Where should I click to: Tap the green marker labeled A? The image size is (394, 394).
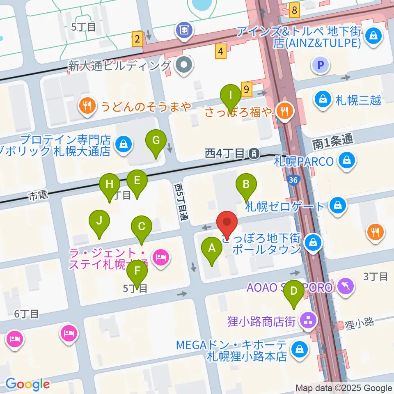[212, 249]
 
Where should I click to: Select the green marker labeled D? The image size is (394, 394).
[294, 292]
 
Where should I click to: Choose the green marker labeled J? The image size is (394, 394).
[99, 222]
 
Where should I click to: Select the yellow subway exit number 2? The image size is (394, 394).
[137, 40]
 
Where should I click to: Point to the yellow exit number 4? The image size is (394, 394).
[221, 51]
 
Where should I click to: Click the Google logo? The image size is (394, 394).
[27, 384]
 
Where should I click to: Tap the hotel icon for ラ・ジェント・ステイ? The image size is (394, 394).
[160, 258]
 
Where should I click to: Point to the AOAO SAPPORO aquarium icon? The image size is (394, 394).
[346, 286]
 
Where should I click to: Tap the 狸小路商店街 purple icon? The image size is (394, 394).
[308, 321]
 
